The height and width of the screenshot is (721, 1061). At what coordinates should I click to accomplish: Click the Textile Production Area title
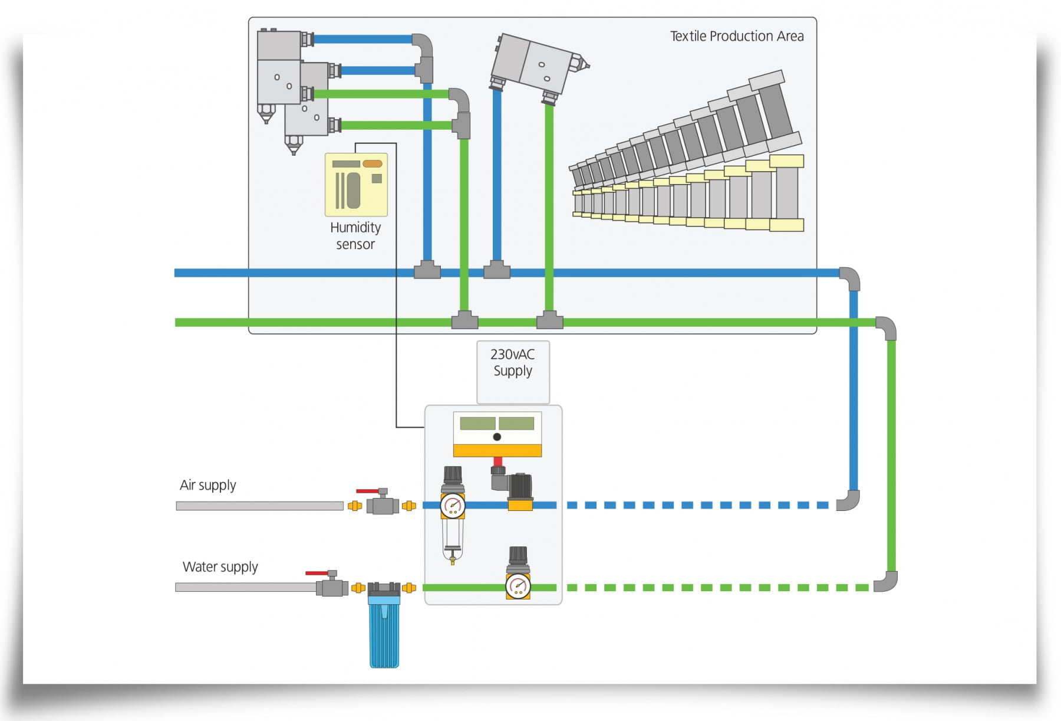tap(737, 37)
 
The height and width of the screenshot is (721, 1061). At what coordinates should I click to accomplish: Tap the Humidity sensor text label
tap(355, 235)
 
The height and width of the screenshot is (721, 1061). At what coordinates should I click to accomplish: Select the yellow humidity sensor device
tap(356, 185)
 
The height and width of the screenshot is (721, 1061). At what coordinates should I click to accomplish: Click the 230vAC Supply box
tap(513, 371)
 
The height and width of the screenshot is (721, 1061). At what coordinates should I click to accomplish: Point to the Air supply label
tap(207, 485)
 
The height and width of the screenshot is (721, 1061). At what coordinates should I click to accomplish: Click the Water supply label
tap(220, 567)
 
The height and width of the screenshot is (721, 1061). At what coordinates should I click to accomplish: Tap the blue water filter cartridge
tap(384, 634)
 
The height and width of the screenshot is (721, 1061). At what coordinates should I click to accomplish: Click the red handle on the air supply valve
tap(368, 491)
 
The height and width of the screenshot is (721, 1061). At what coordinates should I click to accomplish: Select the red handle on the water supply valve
tap(317, 572)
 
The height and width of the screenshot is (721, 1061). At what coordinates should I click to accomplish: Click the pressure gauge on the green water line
tap(518, 586)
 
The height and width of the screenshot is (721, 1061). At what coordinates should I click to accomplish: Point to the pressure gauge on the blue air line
tap(453, 505)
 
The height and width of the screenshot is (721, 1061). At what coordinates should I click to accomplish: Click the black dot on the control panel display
tap(497, 437)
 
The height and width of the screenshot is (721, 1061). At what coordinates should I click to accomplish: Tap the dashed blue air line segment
tap(696, 505)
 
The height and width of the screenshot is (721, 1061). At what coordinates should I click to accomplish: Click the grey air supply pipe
tap(259, 506)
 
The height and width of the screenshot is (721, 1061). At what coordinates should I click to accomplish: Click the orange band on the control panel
tap(497, 451)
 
